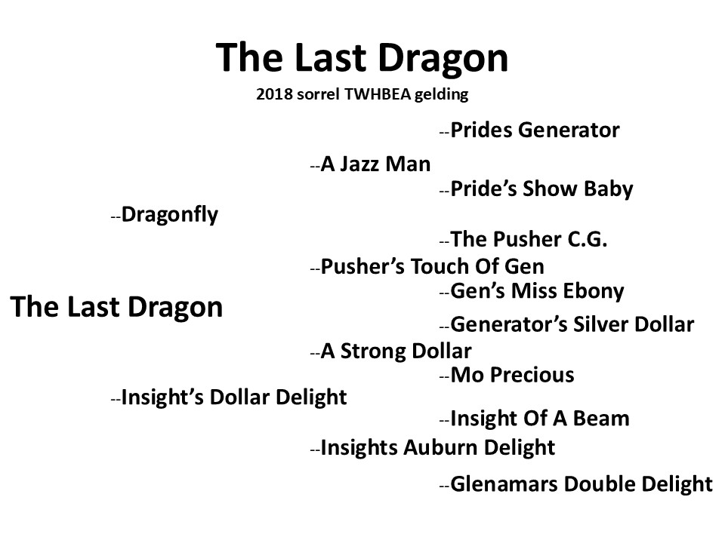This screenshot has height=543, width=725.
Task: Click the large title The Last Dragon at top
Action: click(362, 58)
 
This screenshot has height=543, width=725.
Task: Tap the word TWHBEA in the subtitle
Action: click(378, 94)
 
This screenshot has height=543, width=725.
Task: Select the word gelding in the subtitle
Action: click(441, 95)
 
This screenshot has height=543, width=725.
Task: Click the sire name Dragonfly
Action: click(170, 215)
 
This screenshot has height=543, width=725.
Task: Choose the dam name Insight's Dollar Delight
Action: click(234, 397)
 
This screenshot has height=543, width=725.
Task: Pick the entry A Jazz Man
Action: click(375, 164)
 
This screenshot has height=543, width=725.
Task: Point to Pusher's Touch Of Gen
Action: click(432, 266)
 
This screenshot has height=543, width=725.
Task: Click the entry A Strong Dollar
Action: click(396, 351)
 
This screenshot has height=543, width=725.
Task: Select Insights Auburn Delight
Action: click(438, 448)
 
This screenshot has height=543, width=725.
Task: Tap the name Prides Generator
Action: click(535, 130)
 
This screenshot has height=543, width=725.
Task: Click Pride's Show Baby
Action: click(542, 189)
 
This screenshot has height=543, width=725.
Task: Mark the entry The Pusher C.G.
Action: click(529, 239)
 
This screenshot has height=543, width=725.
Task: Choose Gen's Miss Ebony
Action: click(537, 291)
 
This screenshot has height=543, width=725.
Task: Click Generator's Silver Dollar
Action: click(572, 324)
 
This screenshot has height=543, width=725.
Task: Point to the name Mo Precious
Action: click(512, 375)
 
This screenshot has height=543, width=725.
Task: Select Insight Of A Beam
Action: click(540, 419)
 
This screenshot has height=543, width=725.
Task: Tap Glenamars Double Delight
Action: click(582, 484)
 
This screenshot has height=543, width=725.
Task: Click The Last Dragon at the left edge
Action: click(116, 307)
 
